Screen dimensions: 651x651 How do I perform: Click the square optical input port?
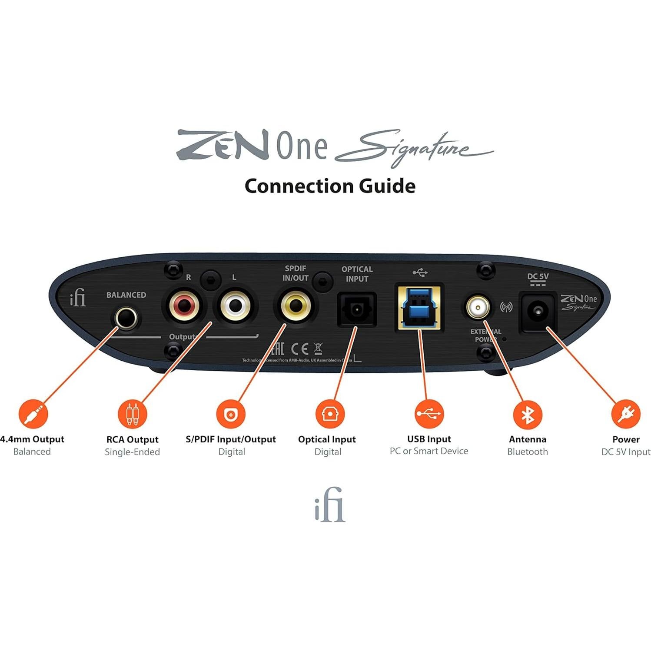(357, 310)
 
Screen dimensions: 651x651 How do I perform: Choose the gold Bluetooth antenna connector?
(478, 307)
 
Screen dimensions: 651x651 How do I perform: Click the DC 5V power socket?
(538, 312)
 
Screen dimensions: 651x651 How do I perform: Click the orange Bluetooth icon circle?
(528, 414)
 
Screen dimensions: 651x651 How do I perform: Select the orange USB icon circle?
(429, 414)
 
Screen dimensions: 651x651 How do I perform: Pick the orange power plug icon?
(626, 414)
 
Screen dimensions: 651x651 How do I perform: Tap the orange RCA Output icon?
(133, 414)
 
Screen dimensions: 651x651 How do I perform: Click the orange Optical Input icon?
(330, 414)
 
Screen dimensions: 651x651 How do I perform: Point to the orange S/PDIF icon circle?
(231, 414)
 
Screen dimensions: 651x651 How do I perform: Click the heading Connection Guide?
(330, 186)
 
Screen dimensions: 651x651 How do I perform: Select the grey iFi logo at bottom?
(330, 505)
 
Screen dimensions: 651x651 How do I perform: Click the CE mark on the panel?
(299, 349)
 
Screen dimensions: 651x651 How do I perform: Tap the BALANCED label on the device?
(126, 295)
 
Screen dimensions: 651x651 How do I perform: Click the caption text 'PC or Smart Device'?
(429, 451)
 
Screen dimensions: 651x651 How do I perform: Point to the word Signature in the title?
(413, 148)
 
